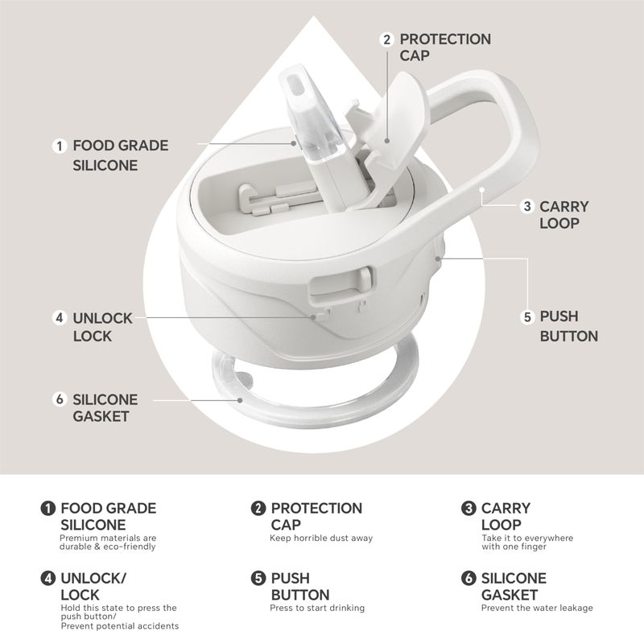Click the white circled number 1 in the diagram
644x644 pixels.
pyautogui.click(x=60, y=147)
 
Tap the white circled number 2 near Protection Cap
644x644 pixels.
pyautogui.click(x=386, y=39)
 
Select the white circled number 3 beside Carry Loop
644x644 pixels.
pyautogui.click(x=527, y=206)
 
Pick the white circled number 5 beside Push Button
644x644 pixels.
pyautogui.click(x=527, y=317)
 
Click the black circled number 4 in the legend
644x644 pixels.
pyautogui.click(x=47, y=578)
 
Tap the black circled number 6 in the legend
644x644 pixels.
pyautogui.click(x=469, y=578)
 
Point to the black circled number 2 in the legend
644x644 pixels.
pyautogui.click(x=258, y=508)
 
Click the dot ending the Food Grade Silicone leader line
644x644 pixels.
pyautogui.click(x=294, y=143)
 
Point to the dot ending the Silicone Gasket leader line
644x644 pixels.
pyautogui.click(x=240, y=400)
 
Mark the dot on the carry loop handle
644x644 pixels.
pyautogui.click(x=481, y=190)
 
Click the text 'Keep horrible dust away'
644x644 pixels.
pyautogui.click(x=321, y=538)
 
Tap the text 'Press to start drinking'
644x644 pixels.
pyautogui.click(x=317, y=608)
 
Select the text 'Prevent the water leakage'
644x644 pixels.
pyautogui.click(x=537, y=608)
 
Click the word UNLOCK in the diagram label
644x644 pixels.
pyautogui.click(x=103, y=318)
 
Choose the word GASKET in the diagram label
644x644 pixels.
pyautogui.click(x=101, y=416)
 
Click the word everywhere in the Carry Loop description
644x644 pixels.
pyautogui.click(x=548, y=538)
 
